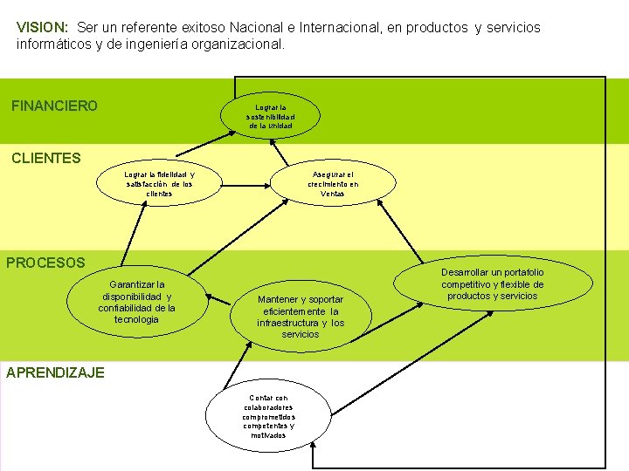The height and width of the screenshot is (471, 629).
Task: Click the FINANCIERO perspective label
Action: tap(54, 106)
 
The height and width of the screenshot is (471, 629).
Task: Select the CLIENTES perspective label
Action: tap(45, 159)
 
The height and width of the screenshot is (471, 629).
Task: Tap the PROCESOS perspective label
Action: tap(46, 263)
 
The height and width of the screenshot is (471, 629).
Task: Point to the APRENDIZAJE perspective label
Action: tap(55, 372)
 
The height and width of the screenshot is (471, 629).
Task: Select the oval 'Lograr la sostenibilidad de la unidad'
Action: tap(271, 116)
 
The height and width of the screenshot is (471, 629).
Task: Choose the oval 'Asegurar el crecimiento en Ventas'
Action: tap(333, 183)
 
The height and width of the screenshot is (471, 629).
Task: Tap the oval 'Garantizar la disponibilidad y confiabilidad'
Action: tap(136, 302)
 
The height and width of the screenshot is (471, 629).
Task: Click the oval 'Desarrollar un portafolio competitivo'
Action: tap(492, 284)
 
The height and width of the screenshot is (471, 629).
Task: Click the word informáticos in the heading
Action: tap(52, 43)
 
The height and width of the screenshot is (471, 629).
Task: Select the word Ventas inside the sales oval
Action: tap(333, 194)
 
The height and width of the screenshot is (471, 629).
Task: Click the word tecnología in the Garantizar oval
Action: tap(136, 319)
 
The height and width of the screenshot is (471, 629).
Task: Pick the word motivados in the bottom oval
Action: tap(268, 435)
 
